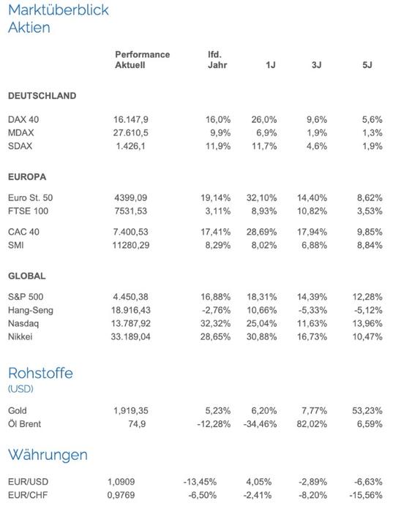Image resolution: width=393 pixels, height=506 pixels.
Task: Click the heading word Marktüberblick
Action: tap(59, 10)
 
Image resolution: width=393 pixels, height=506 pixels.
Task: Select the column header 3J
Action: tap(316, 65)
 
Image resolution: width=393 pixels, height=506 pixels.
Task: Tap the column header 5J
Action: tap(367, 65)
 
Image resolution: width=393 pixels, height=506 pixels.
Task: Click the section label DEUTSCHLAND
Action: tap(42, 96)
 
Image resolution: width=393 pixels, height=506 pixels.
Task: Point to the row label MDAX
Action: tap(21, 132)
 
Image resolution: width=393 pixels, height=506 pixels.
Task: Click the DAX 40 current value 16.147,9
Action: tap(131, 119)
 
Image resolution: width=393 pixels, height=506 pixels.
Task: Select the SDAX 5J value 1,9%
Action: tap(373, 146)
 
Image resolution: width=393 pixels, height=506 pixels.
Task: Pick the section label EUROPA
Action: tap(27, 177)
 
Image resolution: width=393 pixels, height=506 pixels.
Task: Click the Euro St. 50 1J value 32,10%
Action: tap(261, 198)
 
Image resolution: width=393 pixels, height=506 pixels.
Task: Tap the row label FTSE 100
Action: tap(28, 211)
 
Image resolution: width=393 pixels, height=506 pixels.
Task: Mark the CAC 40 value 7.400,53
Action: tap(131, 232)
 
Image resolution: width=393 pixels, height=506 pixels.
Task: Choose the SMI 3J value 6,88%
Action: tap(314, 245)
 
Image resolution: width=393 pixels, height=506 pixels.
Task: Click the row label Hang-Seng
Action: tap(31, 311)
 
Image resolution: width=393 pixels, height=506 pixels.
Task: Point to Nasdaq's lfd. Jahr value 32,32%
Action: tap(215, 323)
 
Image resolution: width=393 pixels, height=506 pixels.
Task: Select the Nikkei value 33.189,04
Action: tap(131, 336)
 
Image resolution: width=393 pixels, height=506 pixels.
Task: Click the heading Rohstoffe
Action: tap(41, 373)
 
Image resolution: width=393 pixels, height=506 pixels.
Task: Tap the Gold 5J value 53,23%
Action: tap(367, 411)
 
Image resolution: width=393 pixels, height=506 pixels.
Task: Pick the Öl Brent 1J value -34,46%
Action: tap(260, 424)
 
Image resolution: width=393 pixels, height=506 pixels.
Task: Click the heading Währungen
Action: tap(48, 455)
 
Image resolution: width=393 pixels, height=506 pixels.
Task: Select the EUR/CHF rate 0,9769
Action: tap(121, 495)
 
